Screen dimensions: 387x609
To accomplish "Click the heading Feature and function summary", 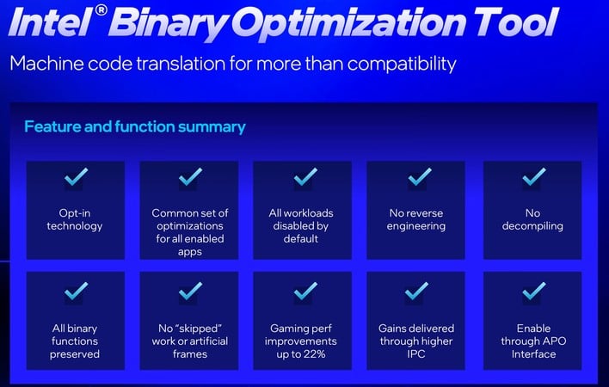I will click(135, 126).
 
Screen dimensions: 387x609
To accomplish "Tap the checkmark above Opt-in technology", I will click(76, 178).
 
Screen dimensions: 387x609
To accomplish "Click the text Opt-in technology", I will click(76, 219).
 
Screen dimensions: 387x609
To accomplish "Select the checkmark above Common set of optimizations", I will click(190, 178).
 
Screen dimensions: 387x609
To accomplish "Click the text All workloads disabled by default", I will click(304, 225).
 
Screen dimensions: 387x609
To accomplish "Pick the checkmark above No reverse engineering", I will click(419, 178).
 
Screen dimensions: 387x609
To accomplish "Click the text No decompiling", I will click(533, 219).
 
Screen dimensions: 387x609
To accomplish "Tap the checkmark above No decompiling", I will click(533, 178).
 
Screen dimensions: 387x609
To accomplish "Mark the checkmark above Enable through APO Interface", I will click(533, 292).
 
